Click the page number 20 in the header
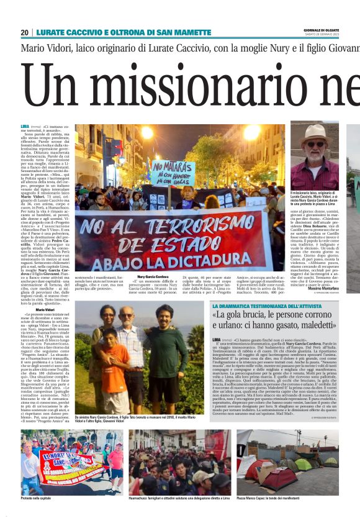coord(24,32)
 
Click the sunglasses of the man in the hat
coord(315,143)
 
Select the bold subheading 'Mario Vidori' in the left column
coord(45,309)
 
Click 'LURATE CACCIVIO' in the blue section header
coord(65,32)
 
